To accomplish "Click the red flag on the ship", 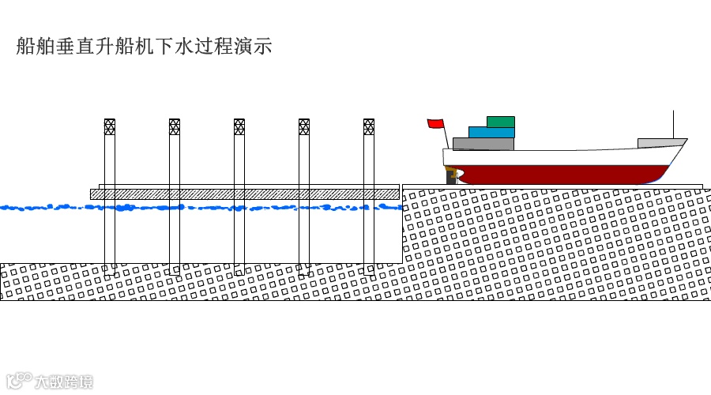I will (x=435, y=123).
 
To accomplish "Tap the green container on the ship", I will (x=501, y=122).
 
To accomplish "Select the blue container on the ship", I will (x=491, y=133).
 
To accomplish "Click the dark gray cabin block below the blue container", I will (x=483, y=144).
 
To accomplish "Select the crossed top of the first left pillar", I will (x=110, y=126).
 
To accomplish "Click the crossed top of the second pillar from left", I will (x=175, y=126).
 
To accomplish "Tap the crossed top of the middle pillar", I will (x=239, y=126).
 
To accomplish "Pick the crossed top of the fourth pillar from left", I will (x=304, y=126).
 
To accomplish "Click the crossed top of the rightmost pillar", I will (x=369, y=126).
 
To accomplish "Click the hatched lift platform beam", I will (x=245, y=194).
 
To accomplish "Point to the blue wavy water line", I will (x=197, y=208).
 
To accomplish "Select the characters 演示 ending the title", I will (x=254, y=46).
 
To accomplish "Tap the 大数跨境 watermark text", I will (x=63, y=382).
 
